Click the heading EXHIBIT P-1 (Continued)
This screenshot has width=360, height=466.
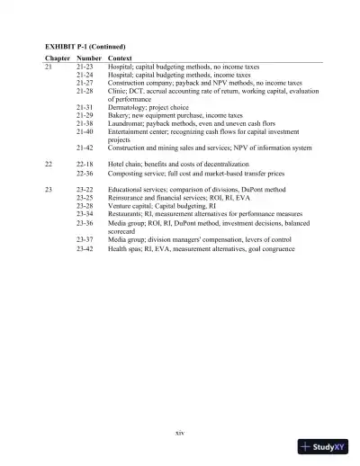coord(85,44)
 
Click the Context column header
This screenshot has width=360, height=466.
coord(121,58)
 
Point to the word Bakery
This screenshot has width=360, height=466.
coord(119,115)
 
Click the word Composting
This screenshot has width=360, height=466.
coord(127,174)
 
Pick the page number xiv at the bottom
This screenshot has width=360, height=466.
coord(180,433)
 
